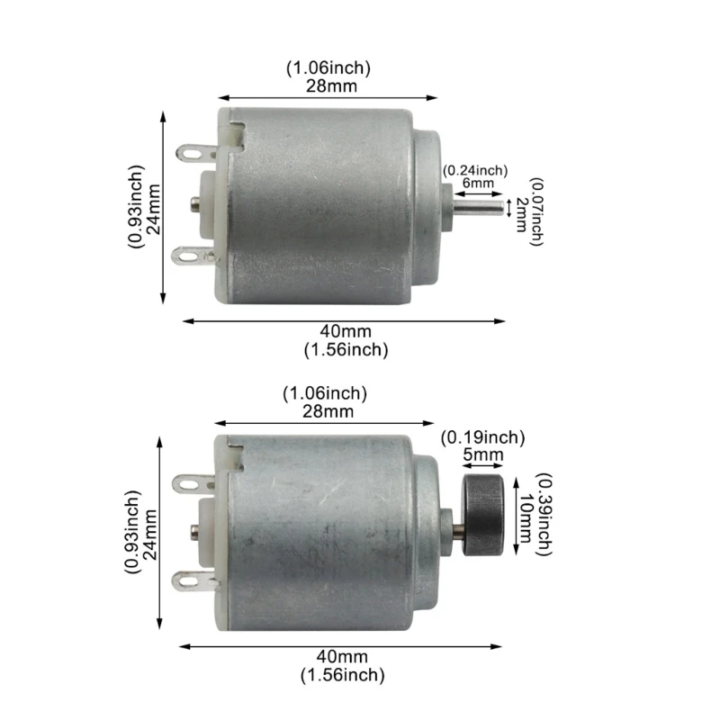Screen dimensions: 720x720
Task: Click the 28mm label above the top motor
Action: pyautogui.click(x=328, y=85)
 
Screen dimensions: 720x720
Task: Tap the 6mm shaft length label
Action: pyautogui.click(x=478, y=183)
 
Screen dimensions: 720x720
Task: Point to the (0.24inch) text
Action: pyautogui.click(x=475, y=169)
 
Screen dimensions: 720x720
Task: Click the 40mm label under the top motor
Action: pyautogui.click(x=346, y=333)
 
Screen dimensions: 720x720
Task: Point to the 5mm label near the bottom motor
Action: pyautogui.click(x=483, y=455)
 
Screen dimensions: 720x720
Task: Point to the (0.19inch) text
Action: pyautogui.click(x=482, y=438)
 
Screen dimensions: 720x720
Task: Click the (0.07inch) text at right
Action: pyautogui.click(x=536, y=211)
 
